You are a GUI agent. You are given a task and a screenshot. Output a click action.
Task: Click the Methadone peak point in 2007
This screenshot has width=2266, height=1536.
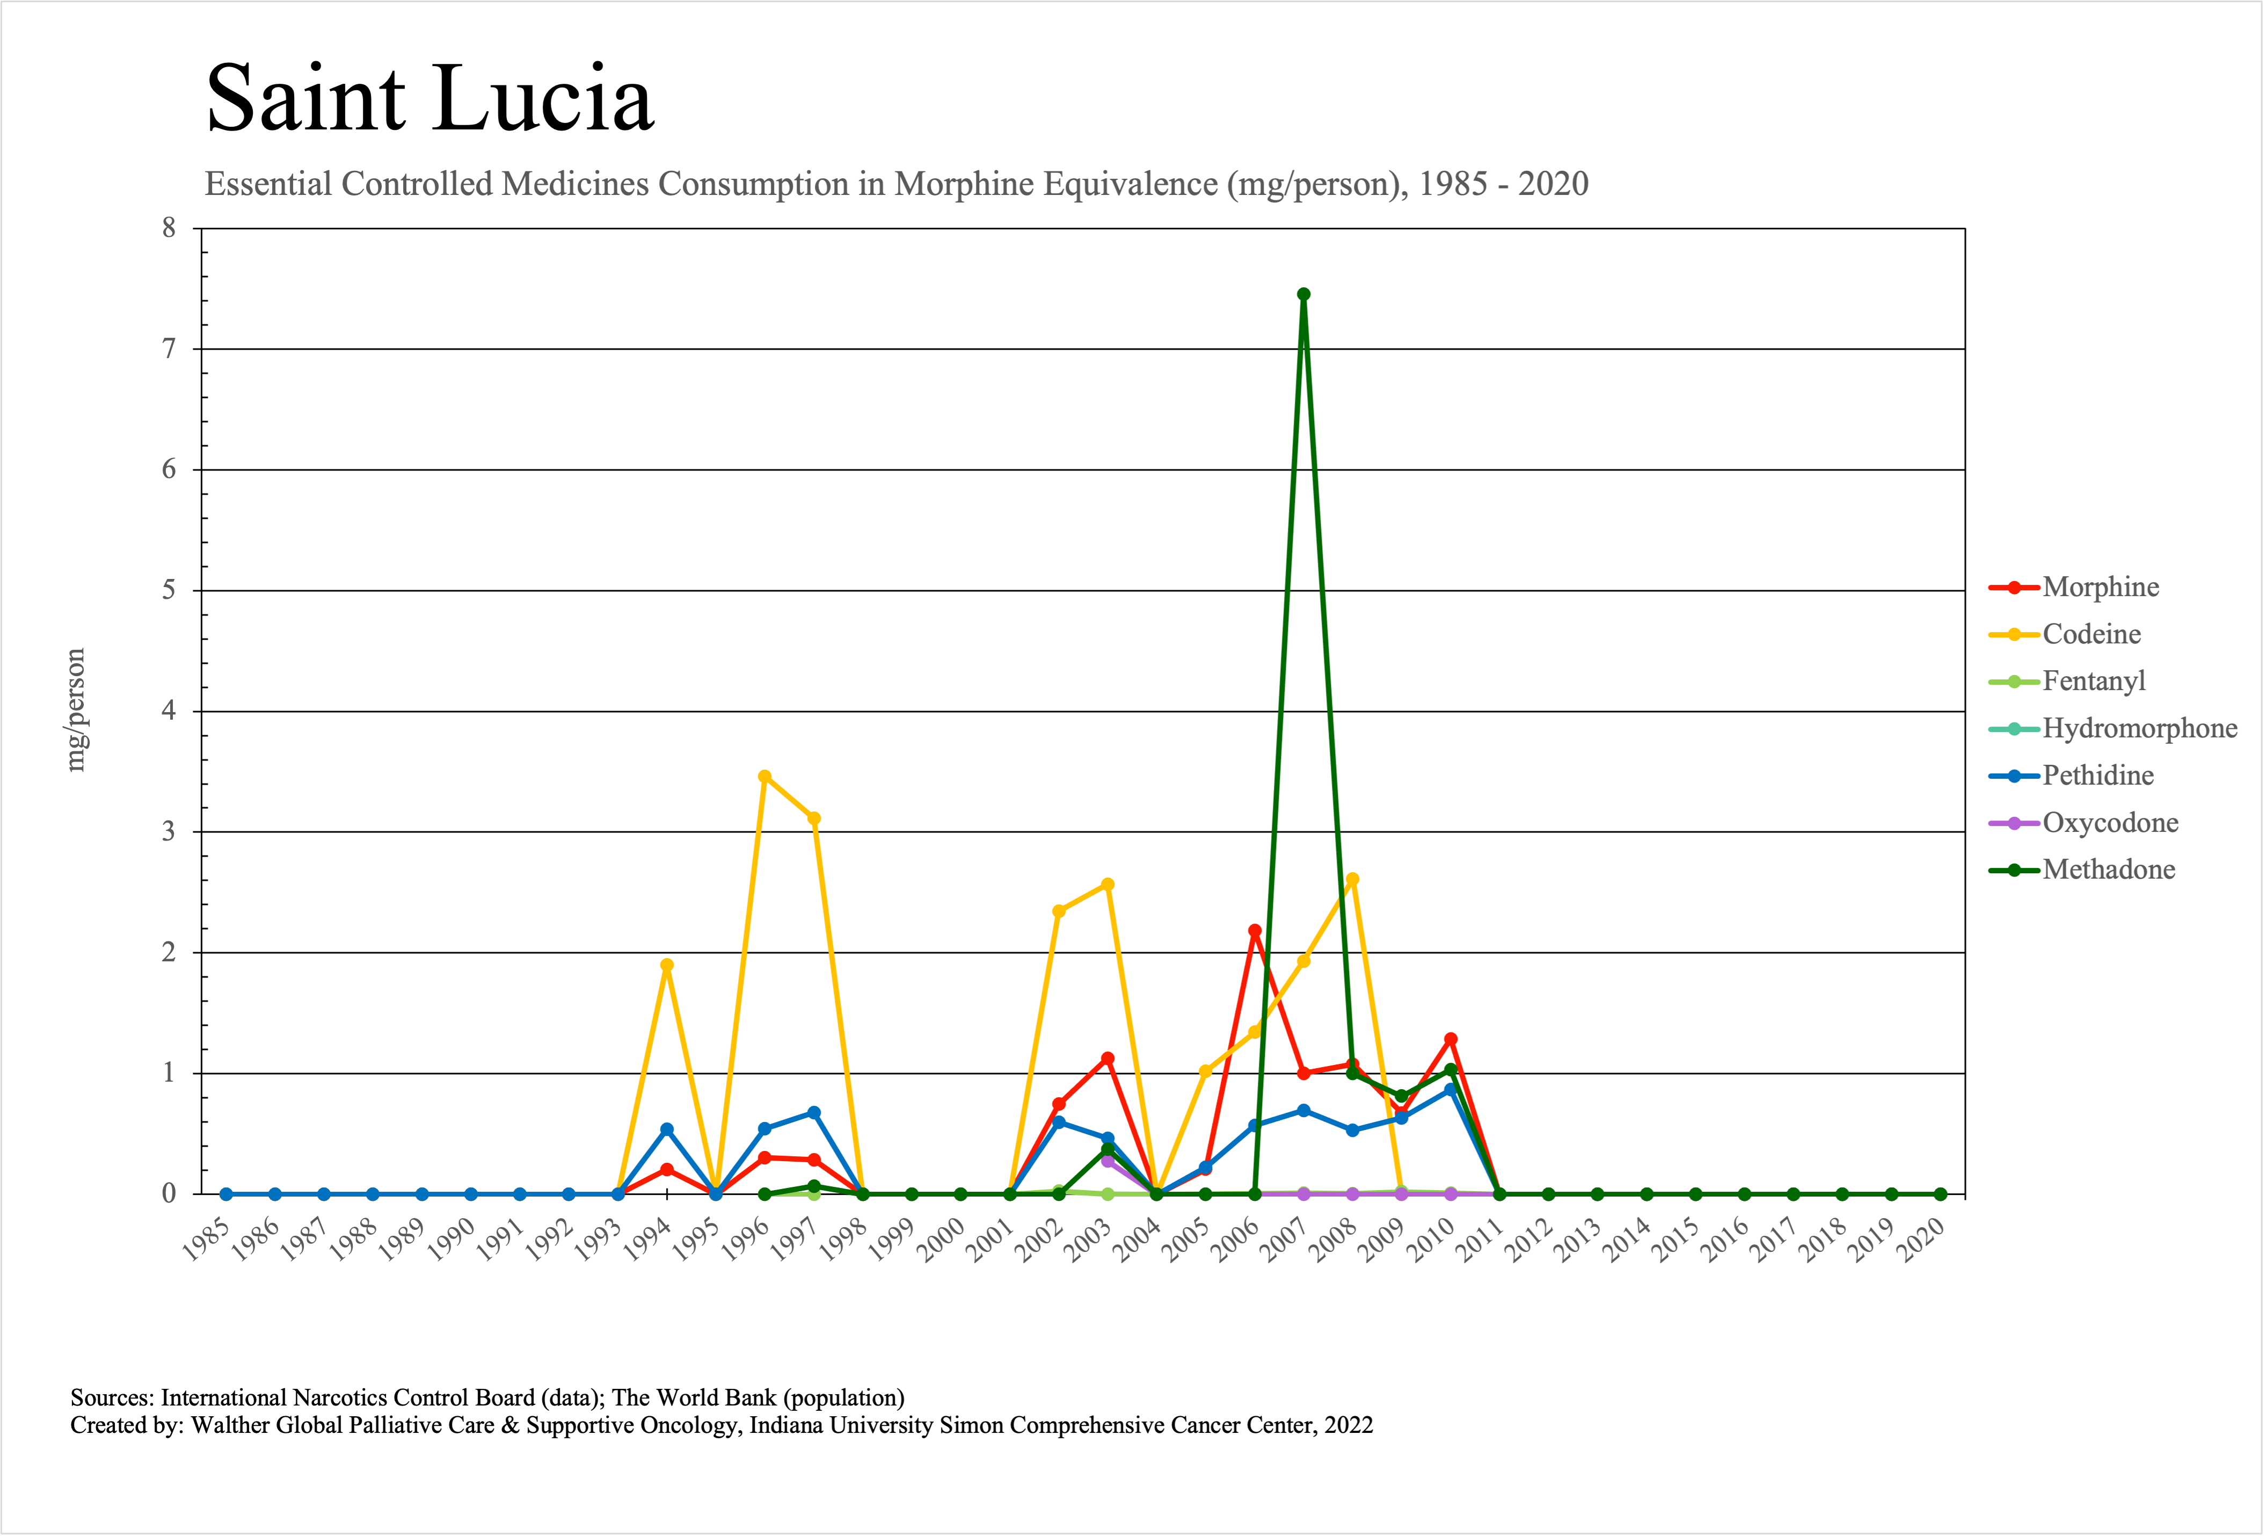[1303, 294]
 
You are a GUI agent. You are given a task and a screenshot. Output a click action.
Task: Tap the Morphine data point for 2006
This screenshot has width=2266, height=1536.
[1255, 931]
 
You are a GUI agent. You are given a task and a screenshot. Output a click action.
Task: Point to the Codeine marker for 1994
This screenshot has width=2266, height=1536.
[667, 966]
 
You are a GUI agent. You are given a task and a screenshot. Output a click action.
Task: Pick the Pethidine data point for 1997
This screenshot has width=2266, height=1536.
[814, 1113]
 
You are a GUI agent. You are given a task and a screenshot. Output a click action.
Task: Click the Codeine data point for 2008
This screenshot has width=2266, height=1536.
[1352, 880]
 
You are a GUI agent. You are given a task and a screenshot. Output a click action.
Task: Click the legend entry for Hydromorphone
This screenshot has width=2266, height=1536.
[2139, 728]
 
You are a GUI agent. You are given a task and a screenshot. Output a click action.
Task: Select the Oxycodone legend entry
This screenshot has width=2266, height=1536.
[2110, 823]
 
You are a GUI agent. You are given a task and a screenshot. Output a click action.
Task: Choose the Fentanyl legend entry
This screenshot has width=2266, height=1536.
[2094, 680]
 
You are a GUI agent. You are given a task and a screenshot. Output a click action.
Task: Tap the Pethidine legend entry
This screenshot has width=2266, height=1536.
[2097, 776]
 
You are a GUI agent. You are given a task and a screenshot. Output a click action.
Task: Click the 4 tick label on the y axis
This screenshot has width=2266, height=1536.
[170, 711]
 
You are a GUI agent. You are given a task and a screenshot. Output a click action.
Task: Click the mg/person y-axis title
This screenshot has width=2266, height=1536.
[75, 710]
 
